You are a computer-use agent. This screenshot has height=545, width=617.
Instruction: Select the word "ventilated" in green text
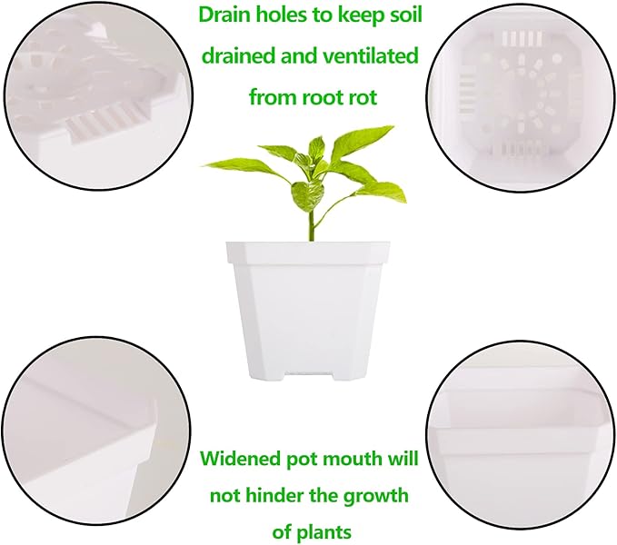[x=373, y=56]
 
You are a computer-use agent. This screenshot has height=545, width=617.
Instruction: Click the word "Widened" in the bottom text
[x=240, y=459]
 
